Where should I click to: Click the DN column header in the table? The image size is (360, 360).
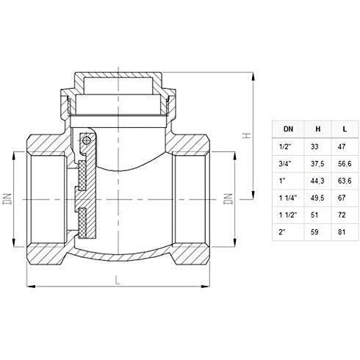pos(286,128)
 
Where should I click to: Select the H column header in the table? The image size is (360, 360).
pos(317,128)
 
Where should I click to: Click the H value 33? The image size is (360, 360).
pos(317,147)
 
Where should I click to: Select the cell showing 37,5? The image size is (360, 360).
pos(317,165)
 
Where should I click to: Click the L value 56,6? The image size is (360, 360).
pos(344,165)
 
